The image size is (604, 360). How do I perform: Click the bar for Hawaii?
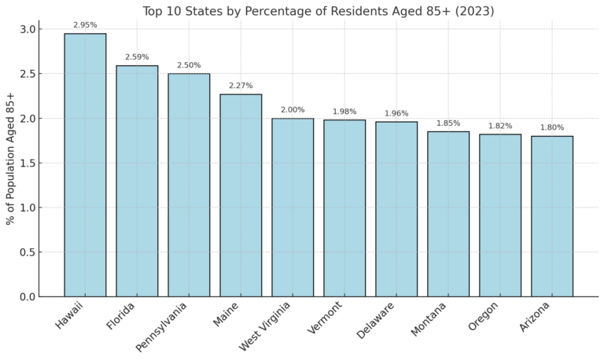[85, 165]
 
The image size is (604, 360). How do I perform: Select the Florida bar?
[137, 181]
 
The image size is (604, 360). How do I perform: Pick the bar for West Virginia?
[293, 208]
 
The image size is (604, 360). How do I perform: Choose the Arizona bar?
[552, 216]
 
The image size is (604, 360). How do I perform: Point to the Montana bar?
[448, 214]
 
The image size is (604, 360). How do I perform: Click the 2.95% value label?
[85, 25]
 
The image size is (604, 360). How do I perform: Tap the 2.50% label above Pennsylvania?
[189, 65]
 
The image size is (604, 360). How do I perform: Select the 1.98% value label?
[344, 112]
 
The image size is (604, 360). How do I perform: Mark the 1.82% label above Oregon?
[500, 126]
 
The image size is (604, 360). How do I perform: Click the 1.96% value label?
[396, 113]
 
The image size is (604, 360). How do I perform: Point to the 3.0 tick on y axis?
[27, 29]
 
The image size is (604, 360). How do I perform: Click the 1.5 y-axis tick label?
[27, 163]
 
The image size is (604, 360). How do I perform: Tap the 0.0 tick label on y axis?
[27, 297]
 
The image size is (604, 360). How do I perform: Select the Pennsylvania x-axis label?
[162, 326]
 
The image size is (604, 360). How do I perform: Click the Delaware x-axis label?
[375, 320]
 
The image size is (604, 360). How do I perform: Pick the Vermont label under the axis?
[326, 318]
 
